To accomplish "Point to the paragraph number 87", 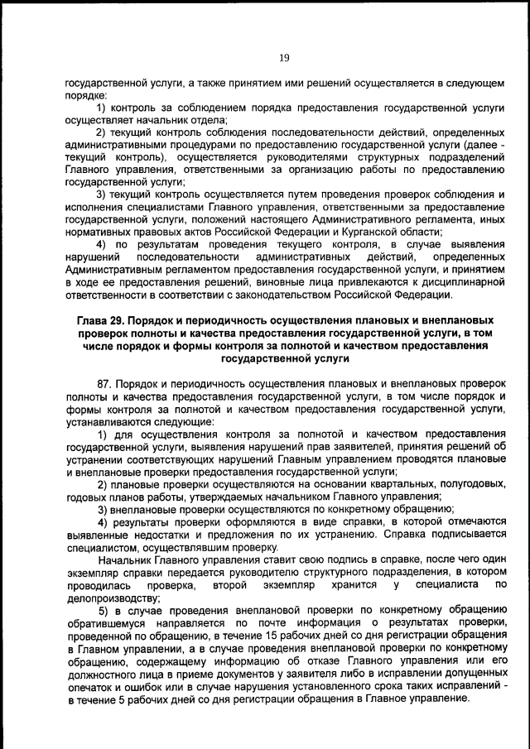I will click(x=105, y=385).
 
